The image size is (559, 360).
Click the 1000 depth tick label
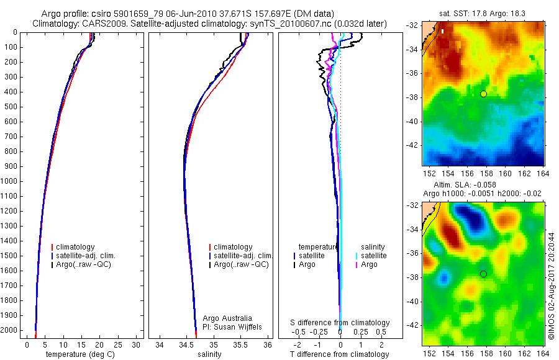click(x=9, y=181)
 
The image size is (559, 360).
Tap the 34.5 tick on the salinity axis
click(x=186, y=344)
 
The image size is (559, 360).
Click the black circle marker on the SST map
click(x=483, y=94)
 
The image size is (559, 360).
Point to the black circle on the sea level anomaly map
click(x=483, y=274)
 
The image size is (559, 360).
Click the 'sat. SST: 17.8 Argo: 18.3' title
click(x=483, y=14)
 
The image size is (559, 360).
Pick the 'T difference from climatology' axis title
click(x=340, y=354)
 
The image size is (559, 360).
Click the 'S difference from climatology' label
click(x=340, y=323)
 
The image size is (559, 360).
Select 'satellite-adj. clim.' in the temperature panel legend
click(x=90, y=256)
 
